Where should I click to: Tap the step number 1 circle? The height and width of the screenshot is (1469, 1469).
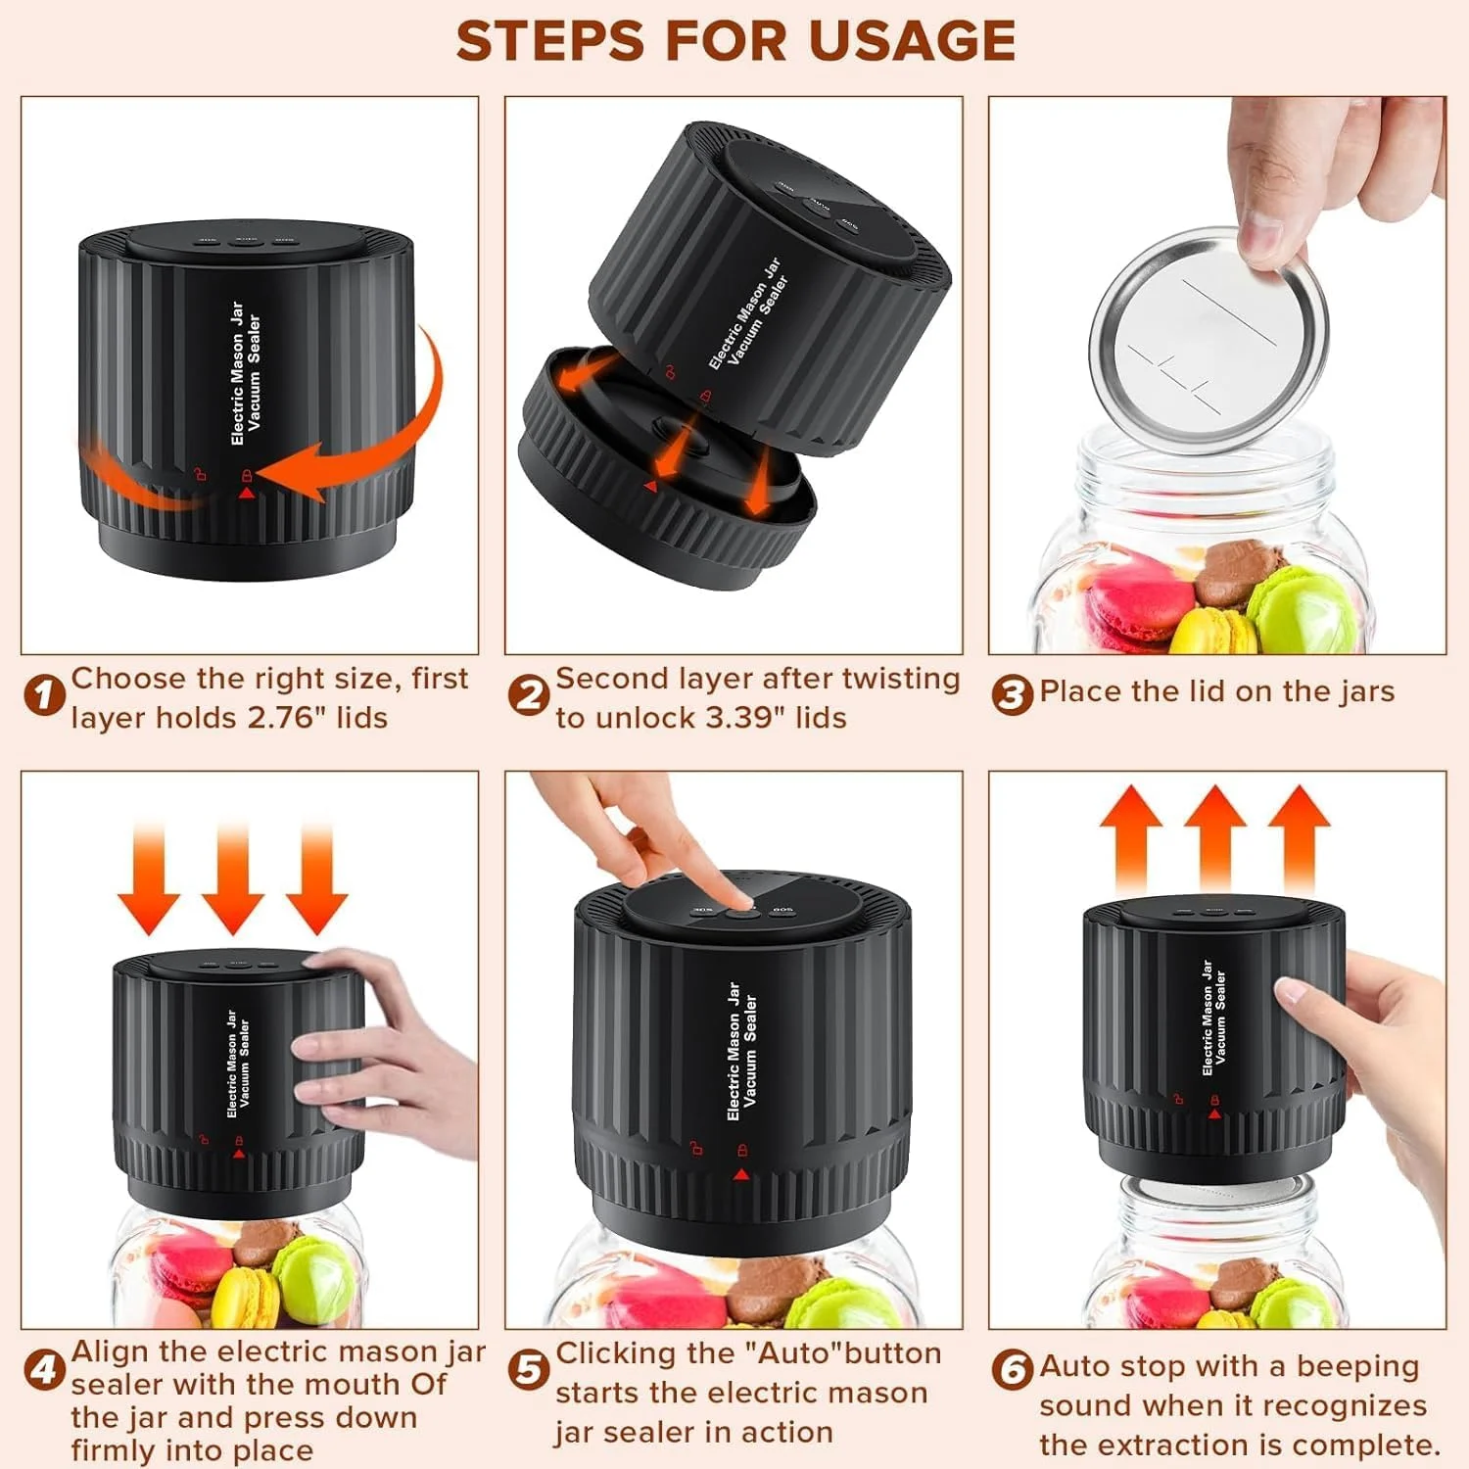44,696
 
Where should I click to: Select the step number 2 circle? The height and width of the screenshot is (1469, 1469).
529,696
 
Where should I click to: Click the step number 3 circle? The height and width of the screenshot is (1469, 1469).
1013,694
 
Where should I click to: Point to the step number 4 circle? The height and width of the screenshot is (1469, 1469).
44,1369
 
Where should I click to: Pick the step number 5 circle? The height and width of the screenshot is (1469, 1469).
529,1369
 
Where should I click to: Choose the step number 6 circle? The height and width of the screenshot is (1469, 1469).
1013,1369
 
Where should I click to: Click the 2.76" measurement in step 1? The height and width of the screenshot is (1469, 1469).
287,718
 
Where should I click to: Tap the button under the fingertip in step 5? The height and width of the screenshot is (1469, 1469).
742,913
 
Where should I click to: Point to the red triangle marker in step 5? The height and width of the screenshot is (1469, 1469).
742,1174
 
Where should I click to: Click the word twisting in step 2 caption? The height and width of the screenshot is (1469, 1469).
901,680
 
